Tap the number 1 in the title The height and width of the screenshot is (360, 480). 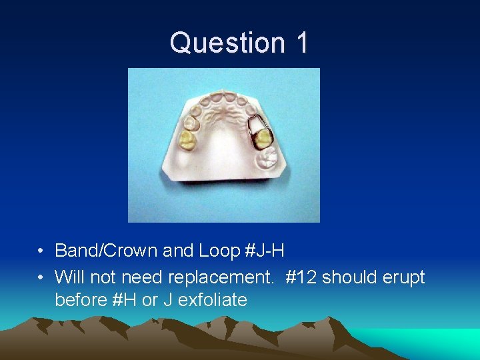tap(300, 43)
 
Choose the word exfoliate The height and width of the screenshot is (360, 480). tap(214, 300)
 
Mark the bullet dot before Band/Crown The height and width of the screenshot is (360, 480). tap(41, 251)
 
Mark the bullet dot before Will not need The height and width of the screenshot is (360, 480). tap(41, 277)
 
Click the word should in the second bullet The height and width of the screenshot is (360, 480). tap(351, 276)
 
